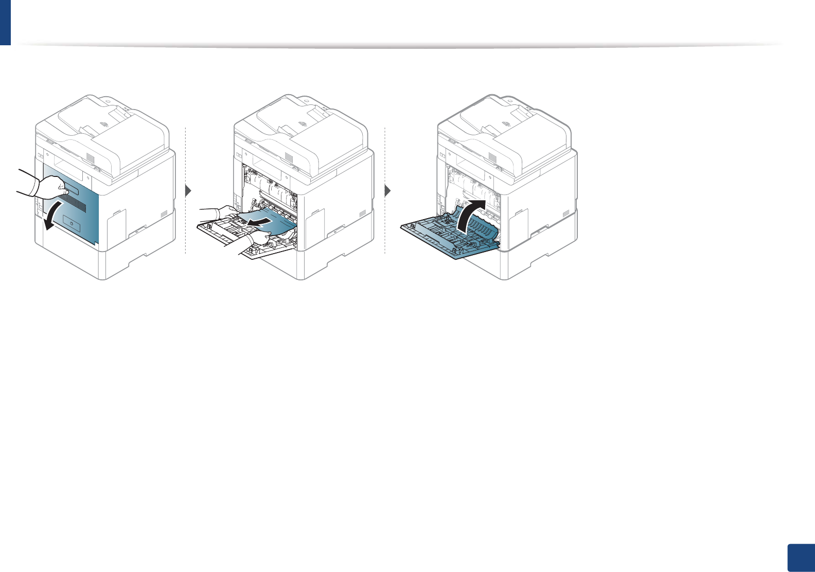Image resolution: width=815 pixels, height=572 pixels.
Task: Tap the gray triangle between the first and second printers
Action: (188, 191)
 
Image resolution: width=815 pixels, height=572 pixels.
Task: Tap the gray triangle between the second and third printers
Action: (387, 191)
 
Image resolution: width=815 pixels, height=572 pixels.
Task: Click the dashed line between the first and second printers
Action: (185, 154)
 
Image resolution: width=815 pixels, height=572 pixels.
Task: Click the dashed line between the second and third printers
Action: (385, 154)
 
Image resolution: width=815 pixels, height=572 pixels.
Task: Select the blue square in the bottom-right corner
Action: (801, 558)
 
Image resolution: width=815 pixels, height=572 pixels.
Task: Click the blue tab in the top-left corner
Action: (5, 22)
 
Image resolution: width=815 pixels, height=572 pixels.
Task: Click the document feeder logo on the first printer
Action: (104, 124)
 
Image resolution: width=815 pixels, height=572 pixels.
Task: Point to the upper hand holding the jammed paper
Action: (221, 211)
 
